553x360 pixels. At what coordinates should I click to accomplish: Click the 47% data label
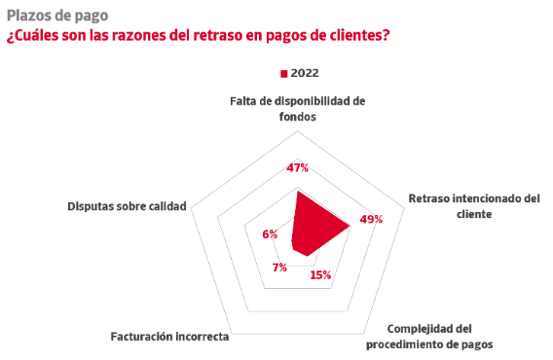[x=297, y=167]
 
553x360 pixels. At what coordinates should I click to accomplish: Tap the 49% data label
[x=371, y=219]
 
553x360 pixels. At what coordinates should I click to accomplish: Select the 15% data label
[x=320, y=274]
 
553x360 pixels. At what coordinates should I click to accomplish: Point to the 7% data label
[x=279, y=268]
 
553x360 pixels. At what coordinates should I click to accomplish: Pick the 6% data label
[x=270, y=234]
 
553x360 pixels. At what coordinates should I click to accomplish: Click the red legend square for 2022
[x=284, y=74]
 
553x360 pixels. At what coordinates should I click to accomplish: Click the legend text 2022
[x=305, y=73]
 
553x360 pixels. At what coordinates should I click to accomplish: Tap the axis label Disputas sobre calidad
[x=127, y=206]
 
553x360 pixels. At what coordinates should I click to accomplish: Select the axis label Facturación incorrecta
[x=169, y=337]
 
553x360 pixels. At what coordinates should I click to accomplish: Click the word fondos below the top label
[x=298, y=117]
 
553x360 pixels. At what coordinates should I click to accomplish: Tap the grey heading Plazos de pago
[x=57, y=16]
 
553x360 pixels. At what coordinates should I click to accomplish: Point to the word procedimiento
[x=403, y=344]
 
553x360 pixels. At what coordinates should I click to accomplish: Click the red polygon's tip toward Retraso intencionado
[x=350, y=226]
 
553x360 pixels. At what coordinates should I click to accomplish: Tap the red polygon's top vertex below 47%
[x=298, y=191]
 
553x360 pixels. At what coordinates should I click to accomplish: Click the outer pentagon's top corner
[x=298, y=131]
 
